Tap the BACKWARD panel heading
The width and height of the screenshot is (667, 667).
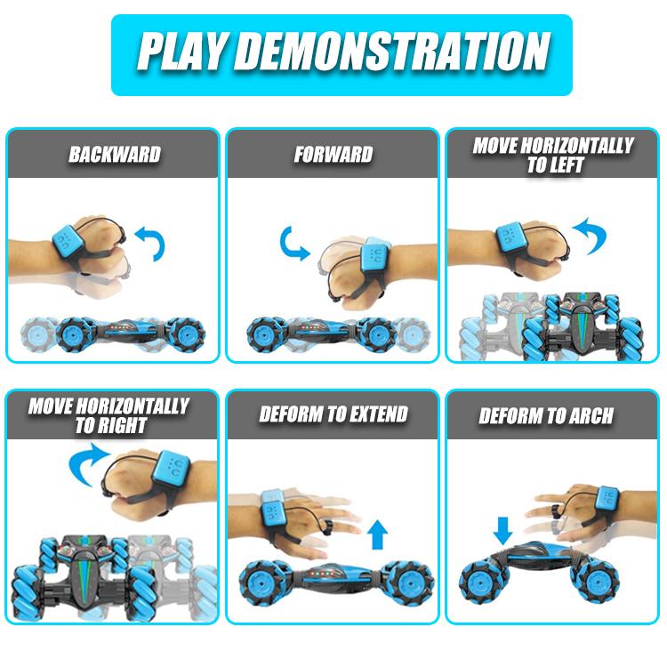coord(115,155)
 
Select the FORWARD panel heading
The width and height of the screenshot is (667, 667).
coord(333,155)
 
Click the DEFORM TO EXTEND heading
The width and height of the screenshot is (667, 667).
coord(333,414)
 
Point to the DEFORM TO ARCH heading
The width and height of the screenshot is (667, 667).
coord(546,415)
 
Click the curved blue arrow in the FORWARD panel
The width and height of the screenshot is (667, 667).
coord(290,245)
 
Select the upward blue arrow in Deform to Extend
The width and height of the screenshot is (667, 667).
coord(377,534)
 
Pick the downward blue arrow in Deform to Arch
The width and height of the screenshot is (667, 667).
coord(502,530)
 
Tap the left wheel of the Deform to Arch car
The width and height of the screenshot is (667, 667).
coord(484,579)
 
